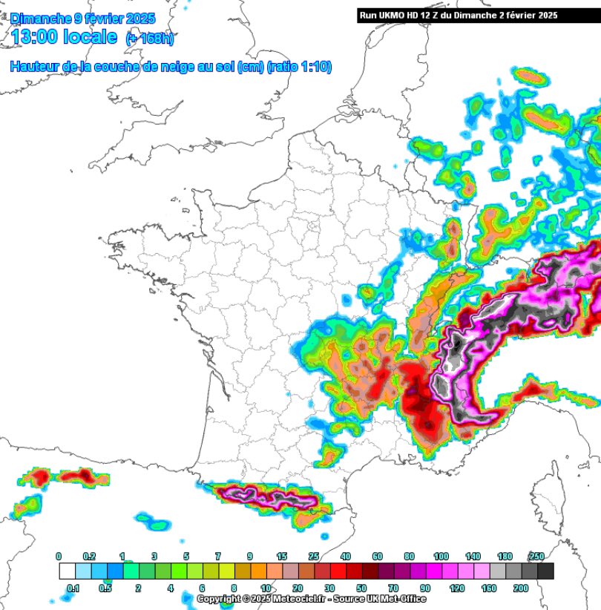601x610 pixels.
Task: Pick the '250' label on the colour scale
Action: click(x=537, y=556)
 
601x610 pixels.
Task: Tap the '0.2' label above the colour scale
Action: click(x=89, y=556)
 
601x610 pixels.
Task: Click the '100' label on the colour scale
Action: click(x=441, y=556)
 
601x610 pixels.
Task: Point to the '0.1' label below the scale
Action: click(x=74, y=588)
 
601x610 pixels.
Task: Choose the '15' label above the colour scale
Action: click(x=282, y=556)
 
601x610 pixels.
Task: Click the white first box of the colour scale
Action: click(x=67, y=571)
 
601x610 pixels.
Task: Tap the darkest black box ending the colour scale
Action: click(x=545, y=571)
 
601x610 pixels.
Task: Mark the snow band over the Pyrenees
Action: click(x=267, y=496)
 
